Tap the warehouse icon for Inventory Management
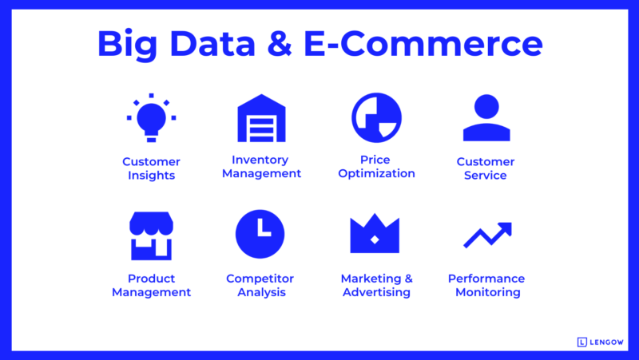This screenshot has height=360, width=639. tap(261, 118)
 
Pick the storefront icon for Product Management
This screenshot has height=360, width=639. tap(151, 235)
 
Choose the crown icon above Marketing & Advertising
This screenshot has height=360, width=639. tap(375, 235)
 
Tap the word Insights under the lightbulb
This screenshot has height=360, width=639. tap(151, 176)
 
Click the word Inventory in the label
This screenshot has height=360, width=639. tap(260, 160)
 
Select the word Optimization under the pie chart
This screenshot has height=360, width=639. tap(376, 173)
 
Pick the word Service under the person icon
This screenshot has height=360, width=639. tap(486, 176)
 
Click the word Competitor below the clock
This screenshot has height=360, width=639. tap(260, 279)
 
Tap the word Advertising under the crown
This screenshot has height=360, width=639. tap(376, 292)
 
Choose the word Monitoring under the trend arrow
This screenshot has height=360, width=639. tap(487, 292)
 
